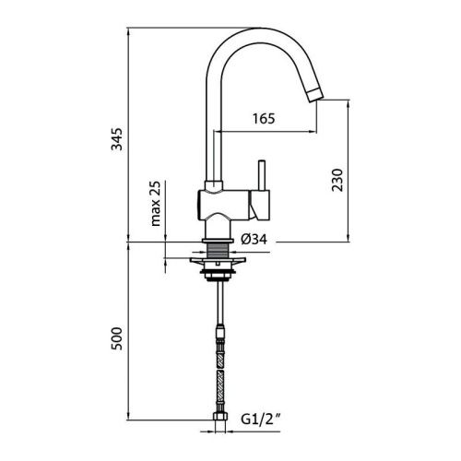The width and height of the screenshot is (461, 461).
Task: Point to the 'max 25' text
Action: [x=157, y=205]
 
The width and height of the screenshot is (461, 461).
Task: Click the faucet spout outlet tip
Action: [x=316, y=93]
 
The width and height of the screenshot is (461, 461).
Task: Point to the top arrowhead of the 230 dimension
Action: [x=348, y=104]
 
